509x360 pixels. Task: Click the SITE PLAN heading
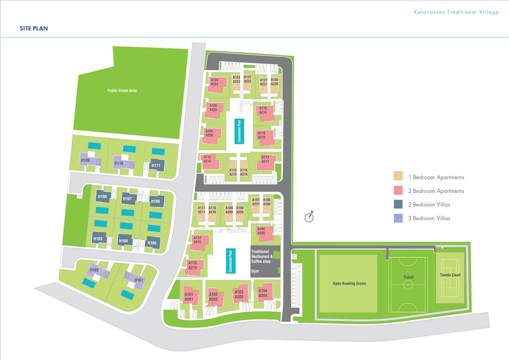(34, 28)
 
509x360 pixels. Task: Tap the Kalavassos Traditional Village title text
(456, 12)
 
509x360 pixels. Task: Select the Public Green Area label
(122, 90)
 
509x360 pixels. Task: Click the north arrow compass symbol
(309, 217)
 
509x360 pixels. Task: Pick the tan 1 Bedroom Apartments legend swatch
(398, 176)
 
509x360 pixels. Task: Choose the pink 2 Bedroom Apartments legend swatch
(398, 190)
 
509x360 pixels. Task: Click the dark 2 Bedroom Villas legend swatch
(398, 204)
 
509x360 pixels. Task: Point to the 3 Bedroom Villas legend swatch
(398, 218)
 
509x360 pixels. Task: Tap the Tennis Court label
(450, 275)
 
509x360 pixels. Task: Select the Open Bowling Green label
(349, 284)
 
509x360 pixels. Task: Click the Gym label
(255, 271)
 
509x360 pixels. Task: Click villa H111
(157, 165)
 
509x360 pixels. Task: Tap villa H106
(156, 201)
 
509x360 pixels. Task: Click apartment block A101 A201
(191, 296)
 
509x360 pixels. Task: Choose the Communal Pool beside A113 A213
(231, 261)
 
